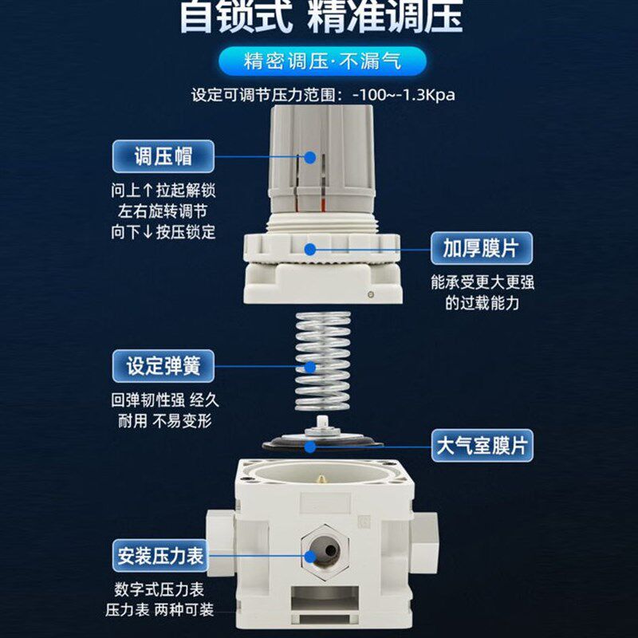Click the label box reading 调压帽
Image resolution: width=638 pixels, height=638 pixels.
[x=163, y=156]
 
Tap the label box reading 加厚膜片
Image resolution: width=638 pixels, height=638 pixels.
[x=480, y=249]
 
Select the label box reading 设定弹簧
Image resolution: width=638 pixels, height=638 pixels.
[x=163, y=367]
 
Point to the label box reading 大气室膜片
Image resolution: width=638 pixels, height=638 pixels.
[x=481, y=445]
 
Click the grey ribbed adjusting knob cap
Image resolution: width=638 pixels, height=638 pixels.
[x=318, y=159]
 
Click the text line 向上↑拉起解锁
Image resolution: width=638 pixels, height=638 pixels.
[x=163, y=191]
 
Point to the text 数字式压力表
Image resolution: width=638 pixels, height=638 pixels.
[x=160, y=591]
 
